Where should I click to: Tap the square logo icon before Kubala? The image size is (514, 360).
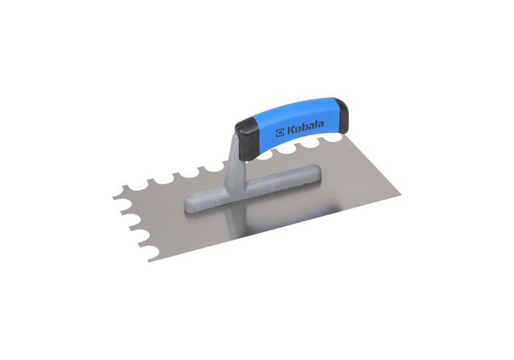(279, 132)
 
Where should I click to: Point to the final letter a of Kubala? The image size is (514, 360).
(320, 123)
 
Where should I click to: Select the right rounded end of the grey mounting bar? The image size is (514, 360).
(315, 171)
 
